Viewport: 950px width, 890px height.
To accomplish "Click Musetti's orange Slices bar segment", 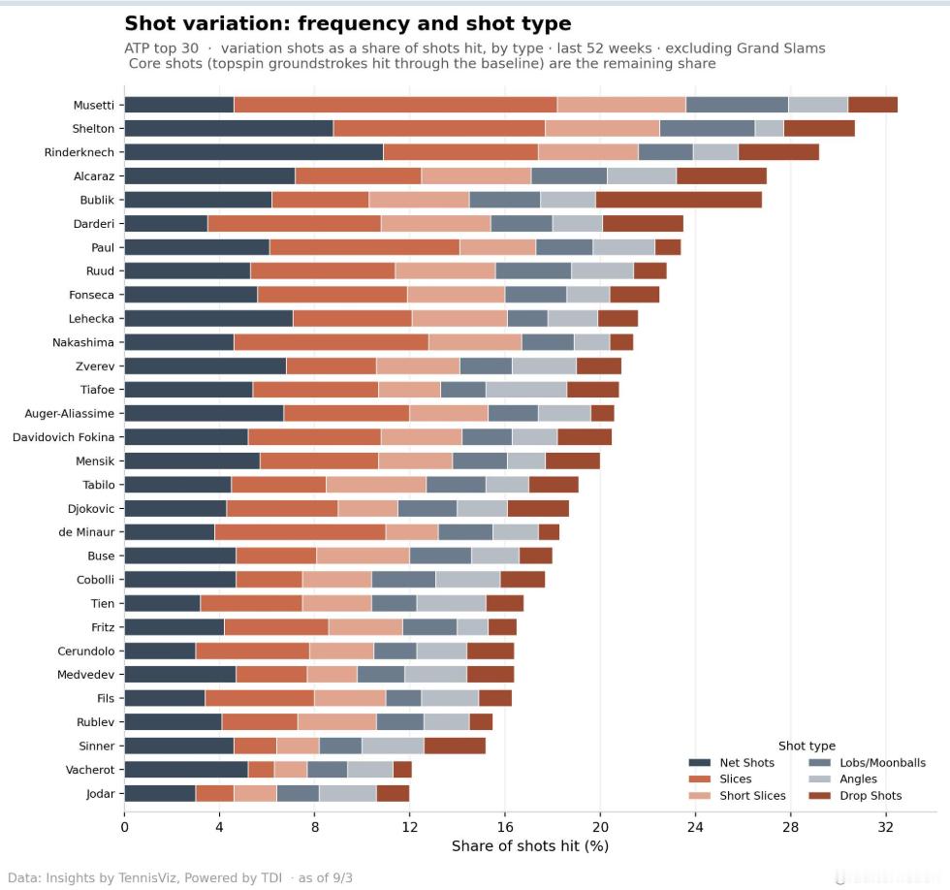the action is (396, 105).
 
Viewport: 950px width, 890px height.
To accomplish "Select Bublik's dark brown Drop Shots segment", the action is (679, 200).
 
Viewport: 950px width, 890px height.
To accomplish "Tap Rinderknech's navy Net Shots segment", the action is (254, 152).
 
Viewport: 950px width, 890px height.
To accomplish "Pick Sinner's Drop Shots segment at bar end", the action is (455, 746).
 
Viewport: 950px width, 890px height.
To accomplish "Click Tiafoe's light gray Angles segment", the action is (525, 390).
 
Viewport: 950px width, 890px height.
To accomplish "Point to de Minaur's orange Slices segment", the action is (300, 532).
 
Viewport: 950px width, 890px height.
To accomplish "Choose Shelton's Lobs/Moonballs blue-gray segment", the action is (707, 128).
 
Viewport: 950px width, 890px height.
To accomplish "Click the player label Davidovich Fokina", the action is (63, 437).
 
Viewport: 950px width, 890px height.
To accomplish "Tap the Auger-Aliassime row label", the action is (69, 414).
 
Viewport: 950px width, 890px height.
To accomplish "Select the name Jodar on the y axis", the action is (100, 794).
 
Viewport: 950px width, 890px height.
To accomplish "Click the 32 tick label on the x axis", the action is (885, 827).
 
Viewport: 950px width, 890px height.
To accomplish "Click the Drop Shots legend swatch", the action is (820, 796).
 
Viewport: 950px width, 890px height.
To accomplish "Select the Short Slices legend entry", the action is (738, 796).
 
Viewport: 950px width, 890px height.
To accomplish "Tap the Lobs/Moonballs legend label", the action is (883, 763).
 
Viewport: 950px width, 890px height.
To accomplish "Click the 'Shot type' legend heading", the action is (807, 746).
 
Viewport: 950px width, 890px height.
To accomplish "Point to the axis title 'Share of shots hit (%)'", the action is (530, 845).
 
